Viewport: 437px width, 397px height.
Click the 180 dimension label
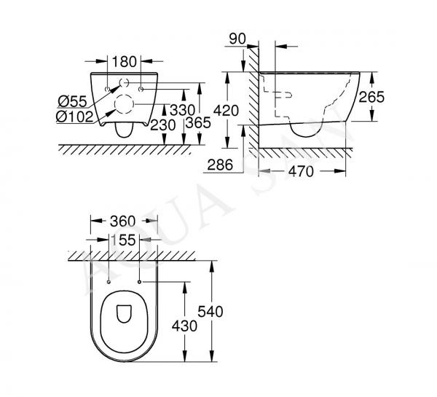pos(125,62)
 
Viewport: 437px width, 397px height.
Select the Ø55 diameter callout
pos(72,101)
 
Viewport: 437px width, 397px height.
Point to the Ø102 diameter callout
pos(74,117)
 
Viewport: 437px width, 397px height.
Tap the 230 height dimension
pos(162,125)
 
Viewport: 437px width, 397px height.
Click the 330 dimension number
pos(182,110)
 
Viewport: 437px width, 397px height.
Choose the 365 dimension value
pos(198,122)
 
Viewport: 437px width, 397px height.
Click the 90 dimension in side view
pos(237,39)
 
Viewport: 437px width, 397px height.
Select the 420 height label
pos(226,111)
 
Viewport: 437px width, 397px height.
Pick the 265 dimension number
pos(371,98)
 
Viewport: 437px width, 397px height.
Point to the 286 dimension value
pos(220,165)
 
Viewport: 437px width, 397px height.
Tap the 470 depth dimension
pos(301,171)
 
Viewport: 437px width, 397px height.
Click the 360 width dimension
pos(122,221)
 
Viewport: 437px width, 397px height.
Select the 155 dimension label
pos(123,240)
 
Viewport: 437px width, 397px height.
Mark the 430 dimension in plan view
pos(184,326)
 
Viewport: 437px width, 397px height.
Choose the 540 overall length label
pos(210,312)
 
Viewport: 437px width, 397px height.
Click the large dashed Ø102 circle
pos(125,95)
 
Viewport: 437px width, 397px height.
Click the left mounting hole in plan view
pos(109,282)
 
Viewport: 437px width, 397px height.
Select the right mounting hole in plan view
pos(139,282)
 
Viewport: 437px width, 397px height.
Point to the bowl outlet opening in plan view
pos(124,314)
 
